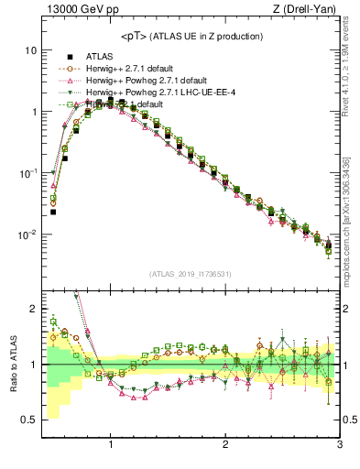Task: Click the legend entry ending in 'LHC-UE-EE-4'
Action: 157,93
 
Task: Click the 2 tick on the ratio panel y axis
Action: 33,309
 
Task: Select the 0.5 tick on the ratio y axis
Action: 29,420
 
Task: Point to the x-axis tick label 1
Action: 111,446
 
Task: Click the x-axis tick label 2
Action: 225,446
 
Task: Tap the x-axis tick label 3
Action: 339,446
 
